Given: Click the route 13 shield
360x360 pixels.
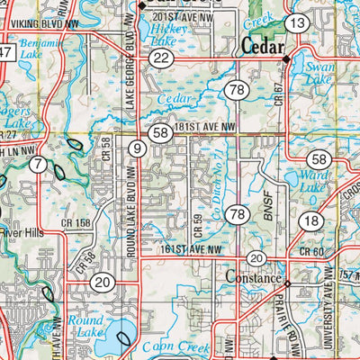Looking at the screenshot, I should [x=298, y=22].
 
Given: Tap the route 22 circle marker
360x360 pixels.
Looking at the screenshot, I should [x=161, y=58].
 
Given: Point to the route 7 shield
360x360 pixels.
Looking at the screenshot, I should [x=37, y=164].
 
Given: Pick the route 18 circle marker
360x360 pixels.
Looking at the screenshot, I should [x=312, y=220].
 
